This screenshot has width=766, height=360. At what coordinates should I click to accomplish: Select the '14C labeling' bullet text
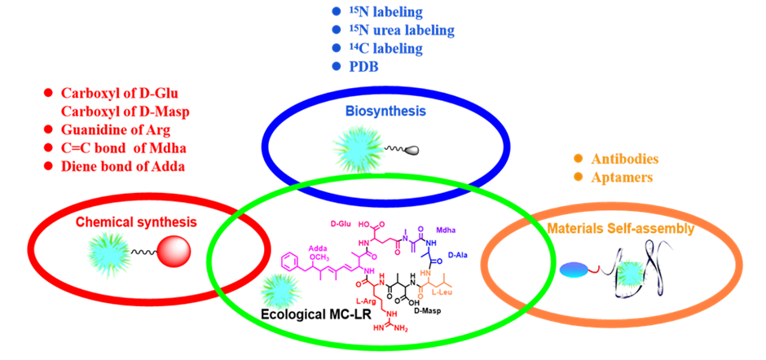point(385,48)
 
